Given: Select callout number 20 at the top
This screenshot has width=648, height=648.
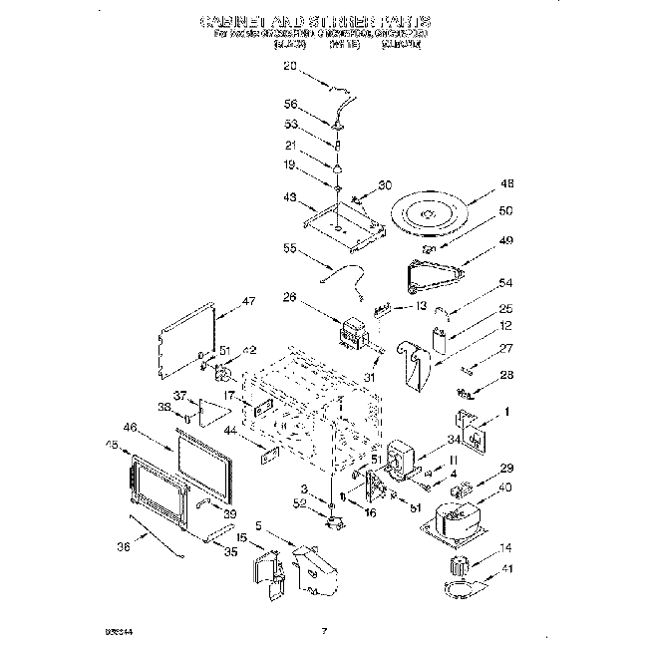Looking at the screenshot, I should coord(290,67).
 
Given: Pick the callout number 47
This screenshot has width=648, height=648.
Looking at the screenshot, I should coord(249,300).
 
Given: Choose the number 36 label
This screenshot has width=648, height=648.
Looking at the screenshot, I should coord(123,544).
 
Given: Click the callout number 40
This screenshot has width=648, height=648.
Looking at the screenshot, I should coord(505,487).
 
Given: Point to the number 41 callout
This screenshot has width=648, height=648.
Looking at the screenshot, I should coord(505,568).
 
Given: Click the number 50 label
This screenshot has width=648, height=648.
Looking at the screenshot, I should coord(505,211).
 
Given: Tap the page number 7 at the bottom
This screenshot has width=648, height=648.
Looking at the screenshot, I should coord(324,630).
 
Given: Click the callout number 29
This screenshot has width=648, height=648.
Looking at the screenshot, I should coord(505,468).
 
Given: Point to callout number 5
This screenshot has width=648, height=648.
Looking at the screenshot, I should coord(258,525).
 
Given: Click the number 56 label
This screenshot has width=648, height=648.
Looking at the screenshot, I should coord(290,104).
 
